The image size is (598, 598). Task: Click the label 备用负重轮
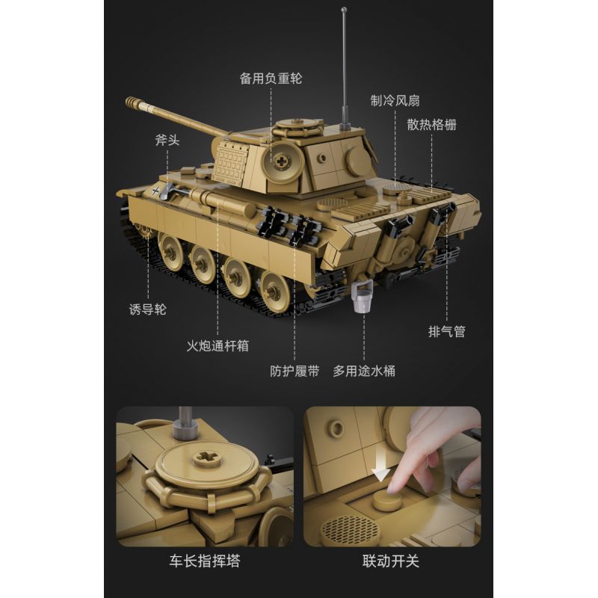pyautogui.click(x=271, y=78)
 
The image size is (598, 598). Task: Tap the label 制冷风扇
pyautogui.click(x=396, y=99)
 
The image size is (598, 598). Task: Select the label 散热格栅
pyautogui.click(x=431, y=124)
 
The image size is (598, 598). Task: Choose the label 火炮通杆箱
pyautogui.click(x=218, y=346)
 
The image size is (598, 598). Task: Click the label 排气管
pyautogui.click(x=446, y=331)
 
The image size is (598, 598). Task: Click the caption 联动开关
pyautogui.click(x=392, y=560)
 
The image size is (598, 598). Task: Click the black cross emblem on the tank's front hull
pyautogui.click(x=156, y=191)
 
